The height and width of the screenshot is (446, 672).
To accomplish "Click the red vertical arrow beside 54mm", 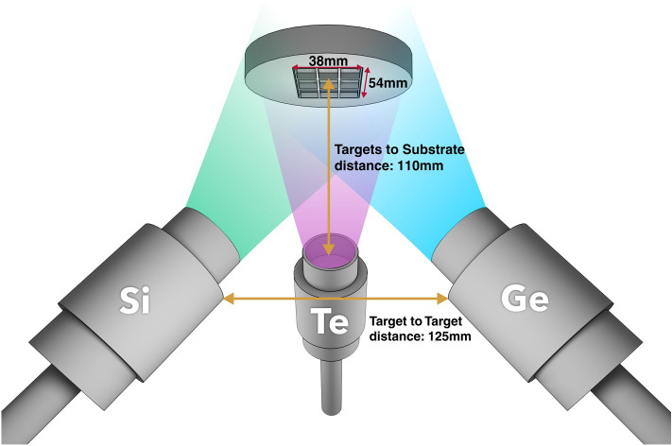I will click(x=365, y=84).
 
